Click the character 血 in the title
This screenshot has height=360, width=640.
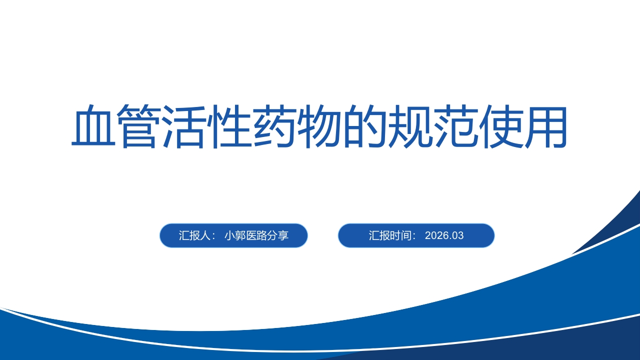pos(93,126)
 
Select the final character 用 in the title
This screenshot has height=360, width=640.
pos(545,126)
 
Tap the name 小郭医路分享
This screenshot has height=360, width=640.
pos(256,235)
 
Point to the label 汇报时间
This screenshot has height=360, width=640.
pos(390,235)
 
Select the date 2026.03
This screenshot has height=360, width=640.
pos(444,235)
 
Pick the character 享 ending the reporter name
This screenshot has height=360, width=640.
pos(283,235)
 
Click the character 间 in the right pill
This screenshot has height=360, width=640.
pos(406,235)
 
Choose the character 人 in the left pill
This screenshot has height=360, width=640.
pos(205,235)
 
